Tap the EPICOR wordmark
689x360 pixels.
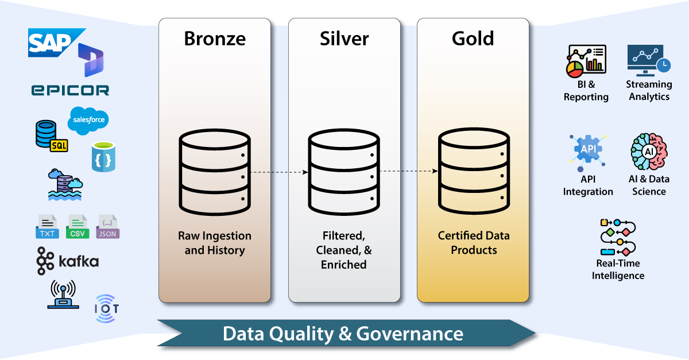pos(69,89)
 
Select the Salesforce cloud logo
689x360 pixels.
pos(88,121)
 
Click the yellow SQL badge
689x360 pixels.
pos(59,145)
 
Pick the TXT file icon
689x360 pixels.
pos(47,227)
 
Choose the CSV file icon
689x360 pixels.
pos(78,227)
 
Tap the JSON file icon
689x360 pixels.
pos(107,227)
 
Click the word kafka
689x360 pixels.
pos(79,262)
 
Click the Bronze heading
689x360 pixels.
pos(215,38)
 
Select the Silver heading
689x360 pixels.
pos(344,38)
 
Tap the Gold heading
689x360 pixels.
pos(473,38)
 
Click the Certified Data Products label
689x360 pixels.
pos(473,243)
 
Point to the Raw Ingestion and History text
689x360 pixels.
pos(215,243)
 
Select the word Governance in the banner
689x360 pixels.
pos(410,334)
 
